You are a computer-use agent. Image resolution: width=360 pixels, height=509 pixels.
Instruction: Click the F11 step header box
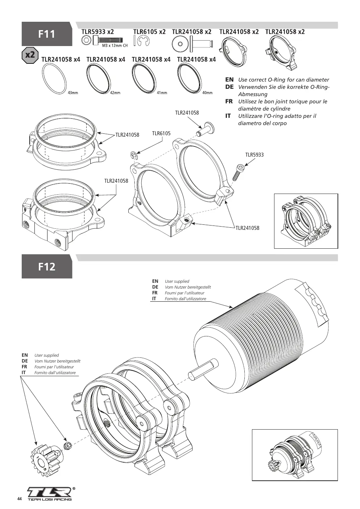(47, 34)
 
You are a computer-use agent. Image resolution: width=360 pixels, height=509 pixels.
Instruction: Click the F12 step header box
(47, 266)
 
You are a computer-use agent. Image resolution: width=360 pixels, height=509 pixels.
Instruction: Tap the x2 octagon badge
(30, 55)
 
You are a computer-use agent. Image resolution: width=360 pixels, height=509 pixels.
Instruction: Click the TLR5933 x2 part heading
(98, 32)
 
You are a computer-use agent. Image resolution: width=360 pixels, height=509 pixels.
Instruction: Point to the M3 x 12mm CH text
(115, 46)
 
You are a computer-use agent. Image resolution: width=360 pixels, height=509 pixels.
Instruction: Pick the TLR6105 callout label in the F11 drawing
(161, 133)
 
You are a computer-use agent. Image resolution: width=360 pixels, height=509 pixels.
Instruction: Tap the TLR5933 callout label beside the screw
(254, 155)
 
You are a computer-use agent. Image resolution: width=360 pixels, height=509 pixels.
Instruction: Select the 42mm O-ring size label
(115, 93)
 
